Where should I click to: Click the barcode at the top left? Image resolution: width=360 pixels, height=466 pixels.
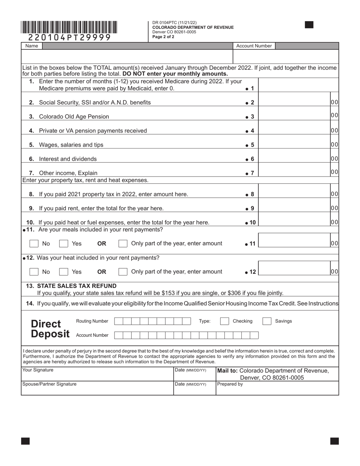(x=69, y=27)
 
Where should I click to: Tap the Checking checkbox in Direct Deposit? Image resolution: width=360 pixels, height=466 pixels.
(x=225, y=321)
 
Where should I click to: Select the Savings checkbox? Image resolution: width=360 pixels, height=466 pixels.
(x=267, y=321)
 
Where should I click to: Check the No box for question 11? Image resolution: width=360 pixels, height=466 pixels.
(x=34, y=244)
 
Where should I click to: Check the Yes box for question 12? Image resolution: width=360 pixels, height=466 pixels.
(x=64, y=272)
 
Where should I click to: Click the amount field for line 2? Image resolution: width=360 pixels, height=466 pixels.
(x=294, y=102)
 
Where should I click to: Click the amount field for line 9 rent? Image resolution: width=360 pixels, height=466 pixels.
(x=294, y=208)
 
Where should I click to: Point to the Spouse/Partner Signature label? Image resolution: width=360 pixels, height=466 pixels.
(x=50, y=384)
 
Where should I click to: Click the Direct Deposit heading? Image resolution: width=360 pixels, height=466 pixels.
(x=50, y=329)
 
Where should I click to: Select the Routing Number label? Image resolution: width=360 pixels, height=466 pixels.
(x=92, y=321)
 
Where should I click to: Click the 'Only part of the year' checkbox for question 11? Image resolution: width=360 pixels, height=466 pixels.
(x=123, y=244)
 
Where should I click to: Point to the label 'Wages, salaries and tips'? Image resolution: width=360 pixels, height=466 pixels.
(x=71, y=145)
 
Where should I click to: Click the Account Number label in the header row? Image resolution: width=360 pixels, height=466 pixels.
(x=254, y=46)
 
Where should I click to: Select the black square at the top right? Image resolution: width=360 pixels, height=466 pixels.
(x=309, y=25)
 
